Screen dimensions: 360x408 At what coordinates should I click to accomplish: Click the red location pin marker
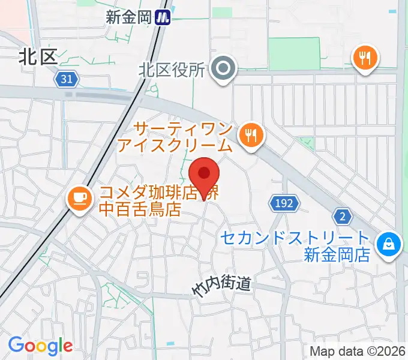tap(204, 175)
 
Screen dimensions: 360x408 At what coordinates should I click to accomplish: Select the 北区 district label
tap(38, 57)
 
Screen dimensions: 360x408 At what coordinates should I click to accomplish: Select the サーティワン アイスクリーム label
tap(183, 137)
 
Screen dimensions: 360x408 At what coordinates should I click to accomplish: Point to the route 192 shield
tap(283, 203)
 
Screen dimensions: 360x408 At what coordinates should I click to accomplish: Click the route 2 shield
tap(343, 217)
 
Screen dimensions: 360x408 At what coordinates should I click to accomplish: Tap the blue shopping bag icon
tap(387, 244)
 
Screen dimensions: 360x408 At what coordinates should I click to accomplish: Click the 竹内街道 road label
tap(221, 286)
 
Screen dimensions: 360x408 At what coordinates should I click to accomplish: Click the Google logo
tap(40, 346)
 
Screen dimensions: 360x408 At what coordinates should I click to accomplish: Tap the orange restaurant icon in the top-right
tap(365, 58)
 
